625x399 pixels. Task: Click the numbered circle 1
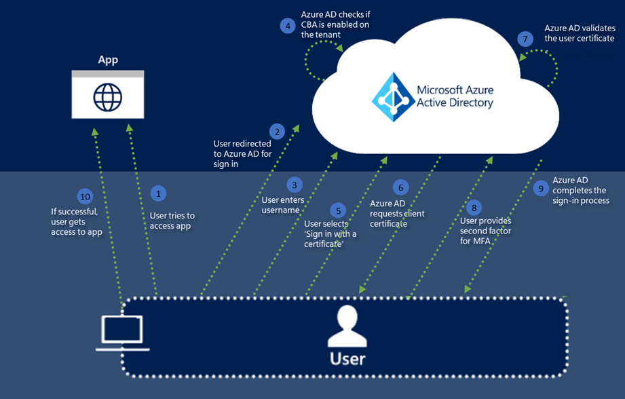click(x=158, y=193)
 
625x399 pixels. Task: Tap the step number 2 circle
click(x=276, y=132)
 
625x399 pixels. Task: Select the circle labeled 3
click(x=293, y=185)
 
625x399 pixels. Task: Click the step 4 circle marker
click(x=288, y=26)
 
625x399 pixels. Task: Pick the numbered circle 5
click(x=338, y=210)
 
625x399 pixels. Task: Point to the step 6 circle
click(x=400, y=187)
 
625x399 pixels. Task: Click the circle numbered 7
click(x=525, y=39)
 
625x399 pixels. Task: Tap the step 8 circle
click(x=474, y=208)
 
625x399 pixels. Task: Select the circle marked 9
click(x=541, y=189)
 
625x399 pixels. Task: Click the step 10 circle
click(x=85, y=197)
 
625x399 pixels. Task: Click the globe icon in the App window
click(x=108, y=98)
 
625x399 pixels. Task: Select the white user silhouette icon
click(x=347, y=326)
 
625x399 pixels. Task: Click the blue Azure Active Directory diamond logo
click(x=393, y=96)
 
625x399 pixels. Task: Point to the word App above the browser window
click(x=108, y=60)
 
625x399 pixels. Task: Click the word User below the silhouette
click(x=347, y=358)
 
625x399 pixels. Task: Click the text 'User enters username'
click(x=282, y=205)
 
